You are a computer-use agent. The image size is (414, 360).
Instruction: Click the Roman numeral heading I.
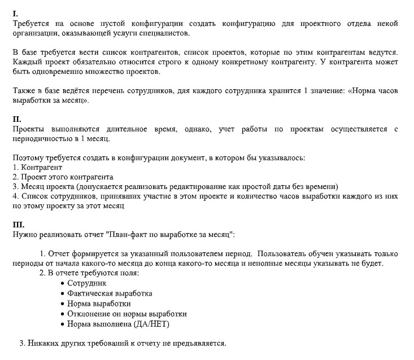[x=15, y=13]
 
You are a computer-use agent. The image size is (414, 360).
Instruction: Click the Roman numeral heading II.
[x=16, y=119]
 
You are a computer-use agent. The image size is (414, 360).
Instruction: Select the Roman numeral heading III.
[x=18, y=224]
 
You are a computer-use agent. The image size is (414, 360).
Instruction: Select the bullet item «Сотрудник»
[x=86, y=283]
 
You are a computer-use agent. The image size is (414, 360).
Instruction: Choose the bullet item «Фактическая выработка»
[x=109, y=293]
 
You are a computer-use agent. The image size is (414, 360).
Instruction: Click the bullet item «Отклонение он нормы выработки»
[x=127, y=314]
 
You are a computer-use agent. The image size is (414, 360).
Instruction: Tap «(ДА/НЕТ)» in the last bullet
[x=151, y=324]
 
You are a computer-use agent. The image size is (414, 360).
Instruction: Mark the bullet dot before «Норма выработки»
[x=62, y=304]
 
